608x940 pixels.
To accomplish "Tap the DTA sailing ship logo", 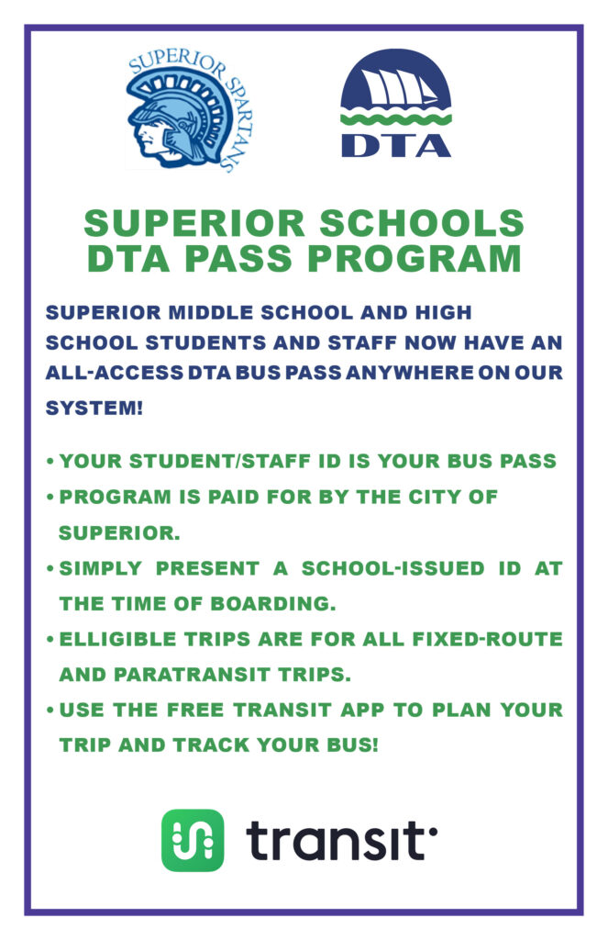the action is point(395,103).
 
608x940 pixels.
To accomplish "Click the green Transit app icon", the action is point(193,840).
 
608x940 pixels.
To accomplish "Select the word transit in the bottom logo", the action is point(341,841).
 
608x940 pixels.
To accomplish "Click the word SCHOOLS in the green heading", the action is point(422,223).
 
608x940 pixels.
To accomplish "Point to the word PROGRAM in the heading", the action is point(415,258).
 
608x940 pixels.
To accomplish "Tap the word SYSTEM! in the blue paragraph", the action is point(94,408).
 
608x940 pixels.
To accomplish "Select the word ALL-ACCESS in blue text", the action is point(114,373).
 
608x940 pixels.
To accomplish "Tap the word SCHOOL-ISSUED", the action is point(393,567).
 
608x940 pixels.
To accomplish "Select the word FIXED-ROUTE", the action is point(488,639).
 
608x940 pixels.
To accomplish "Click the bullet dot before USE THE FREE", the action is point(51,711).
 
